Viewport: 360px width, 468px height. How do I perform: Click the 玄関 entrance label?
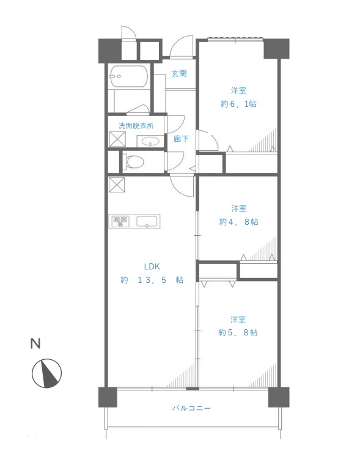[179, 73]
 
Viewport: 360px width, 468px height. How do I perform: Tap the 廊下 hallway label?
[181, 139]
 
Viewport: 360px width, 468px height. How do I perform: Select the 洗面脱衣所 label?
[136, 126]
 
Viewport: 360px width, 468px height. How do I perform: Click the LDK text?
[152, 266]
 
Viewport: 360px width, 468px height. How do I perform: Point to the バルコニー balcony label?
[191, 408]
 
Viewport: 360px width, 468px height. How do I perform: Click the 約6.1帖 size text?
[238, 104]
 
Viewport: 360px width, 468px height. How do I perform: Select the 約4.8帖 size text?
[238, 222]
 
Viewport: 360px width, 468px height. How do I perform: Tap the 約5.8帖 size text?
[238, 332]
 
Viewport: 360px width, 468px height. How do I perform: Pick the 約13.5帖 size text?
[152, 280]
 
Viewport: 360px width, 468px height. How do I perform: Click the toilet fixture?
[133, 161]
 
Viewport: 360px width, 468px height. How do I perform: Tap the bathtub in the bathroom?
[129, 76]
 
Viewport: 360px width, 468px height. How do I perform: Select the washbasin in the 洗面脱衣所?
[150, 141]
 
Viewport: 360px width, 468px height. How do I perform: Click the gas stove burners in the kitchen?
[120, 221]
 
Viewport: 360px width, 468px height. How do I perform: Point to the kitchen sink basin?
[147, 222]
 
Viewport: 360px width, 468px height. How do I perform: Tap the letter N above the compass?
[35, 343]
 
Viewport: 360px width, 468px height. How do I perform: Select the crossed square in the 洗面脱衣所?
[117, 139]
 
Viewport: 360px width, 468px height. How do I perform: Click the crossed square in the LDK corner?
[116, 185]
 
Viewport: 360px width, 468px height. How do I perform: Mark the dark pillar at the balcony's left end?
[108, 397]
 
